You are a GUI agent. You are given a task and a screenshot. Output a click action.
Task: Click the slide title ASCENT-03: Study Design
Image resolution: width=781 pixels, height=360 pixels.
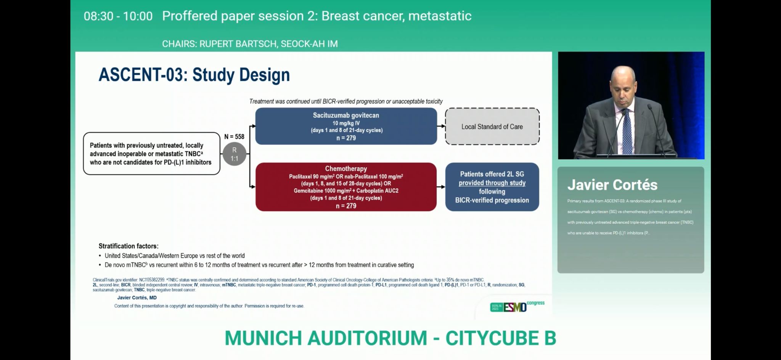click(194, 75)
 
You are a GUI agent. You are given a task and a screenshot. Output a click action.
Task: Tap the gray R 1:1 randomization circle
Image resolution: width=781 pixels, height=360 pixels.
click(234, 154)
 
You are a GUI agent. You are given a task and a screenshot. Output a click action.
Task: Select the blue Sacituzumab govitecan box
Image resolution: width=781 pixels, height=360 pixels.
click(346, 126)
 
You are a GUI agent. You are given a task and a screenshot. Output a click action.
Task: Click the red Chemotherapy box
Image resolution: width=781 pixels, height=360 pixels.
click(346, 187)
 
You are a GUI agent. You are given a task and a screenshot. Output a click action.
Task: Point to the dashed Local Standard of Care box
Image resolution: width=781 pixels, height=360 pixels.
click(492, 127)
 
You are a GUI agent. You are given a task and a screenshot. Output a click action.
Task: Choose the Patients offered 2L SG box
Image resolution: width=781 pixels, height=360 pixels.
click(492, 187)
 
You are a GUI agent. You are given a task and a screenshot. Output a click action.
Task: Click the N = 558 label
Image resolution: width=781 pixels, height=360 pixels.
click(234, 137)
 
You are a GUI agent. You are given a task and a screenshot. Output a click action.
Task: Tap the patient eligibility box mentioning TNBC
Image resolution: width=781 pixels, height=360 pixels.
click(151, 154)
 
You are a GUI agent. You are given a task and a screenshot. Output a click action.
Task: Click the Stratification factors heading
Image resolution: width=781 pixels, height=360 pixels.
click(129, 246)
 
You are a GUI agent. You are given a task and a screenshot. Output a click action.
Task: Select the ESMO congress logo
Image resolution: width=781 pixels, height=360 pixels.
click(517, 306)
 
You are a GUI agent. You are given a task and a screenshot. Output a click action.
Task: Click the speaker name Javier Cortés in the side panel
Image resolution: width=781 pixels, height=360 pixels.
click(612, 185)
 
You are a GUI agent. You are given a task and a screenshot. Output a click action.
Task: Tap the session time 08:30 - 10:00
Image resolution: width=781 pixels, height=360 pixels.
click(118, 16)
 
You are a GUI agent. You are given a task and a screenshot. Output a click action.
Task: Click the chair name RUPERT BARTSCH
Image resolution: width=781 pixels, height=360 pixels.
click(238, 44)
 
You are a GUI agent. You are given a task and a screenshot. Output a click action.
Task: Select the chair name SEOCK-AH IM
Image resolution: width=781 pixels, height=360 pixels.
click(309, 44)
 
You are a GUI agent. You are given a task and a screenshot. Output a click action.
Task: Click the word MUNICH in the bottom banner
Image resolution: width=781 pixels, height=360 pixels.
click(263, 338)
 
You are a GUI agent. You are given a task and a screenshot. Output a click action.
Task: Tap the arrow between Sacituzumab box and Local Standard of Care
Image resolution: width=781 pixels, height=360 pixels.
click(441, 126)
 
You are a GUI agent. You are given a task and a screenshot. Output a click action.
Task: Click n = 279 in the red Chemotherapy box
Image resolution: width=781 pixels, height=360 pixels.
click(346, 206)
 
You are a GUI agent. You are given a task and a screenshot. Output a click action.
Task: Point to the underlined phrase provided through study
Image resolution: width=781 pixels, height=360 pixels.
click(492, 183)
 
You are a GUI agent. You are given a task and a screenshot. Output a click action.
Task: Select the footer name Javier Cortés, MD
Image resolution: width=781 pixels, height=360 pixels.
click(137, 297)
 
